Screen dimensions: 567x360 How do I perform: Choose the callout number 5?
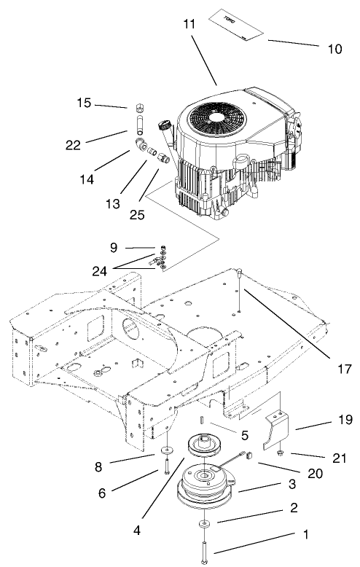coord(245,435)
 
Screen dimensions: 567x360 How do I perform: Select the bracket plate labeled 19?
coord(275,431)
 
